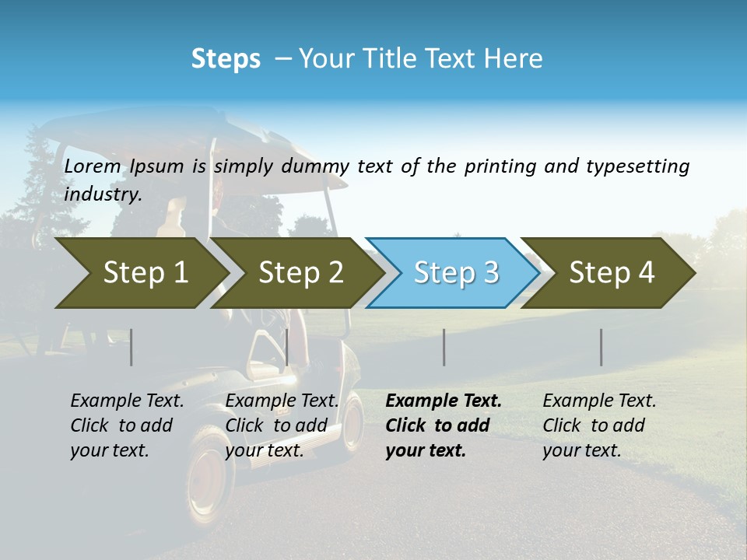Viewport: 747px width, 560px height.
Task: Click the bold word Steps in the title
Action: [226, 59]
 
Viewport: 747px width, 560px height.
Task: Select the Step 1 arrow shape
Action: [140, 273]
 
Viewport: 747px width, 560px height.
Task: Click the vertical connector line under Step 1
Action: [132, 347]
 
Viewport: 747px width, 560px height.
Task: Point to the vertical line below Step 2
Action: [287, 347]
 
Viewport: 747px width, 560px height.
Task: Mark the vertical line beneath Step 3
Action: [444, 347]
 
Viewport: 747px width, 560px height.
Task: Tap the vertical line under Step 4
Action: [601, 347]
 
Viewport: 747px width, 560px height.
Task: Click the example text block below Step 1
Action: [127, 425]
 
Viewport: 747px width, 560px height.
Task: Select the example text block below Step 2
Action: [282, 425]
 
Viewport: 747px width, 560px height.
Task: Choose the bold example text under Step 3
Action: [443, 425]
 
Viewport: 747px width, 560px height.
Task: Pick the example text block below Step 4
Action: [599, 425]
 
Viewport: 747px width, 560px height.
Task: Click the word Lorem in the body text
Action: [93, 166]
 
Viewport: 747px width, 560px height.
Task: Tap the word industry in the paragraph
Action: [102, 194]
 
